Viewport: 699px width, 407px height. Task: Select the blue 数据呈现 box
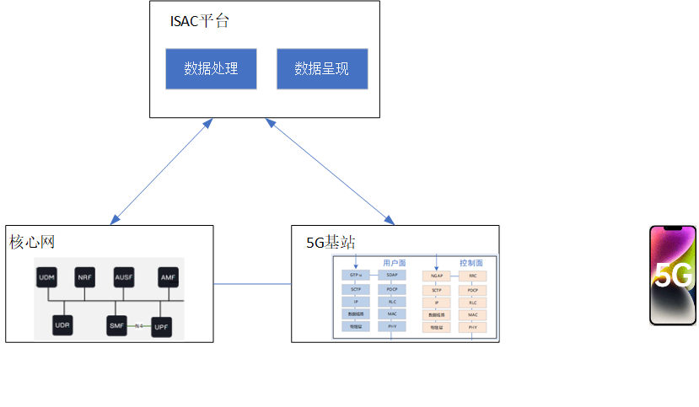click(322, 68)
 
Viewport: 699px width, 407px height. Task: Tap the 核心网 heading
click(32, 243)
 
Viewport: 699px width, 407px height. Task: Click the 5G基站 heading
click(331, 243)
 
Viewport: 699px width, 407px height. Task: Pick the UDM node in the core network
click(47, 277)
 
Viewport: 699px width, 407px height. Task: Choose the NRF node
click(85, 277)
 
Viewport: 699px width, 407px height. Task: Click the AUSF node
click(124, 277)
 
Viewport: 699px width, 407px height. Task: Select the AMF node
click(169, 277)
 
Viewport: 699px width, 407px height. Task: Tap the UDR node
click(62, 324)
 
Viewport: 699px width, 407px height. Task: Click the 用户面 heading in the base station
click(395, 263)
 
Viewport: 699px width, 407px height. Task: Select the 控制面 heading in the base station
click(471, 263)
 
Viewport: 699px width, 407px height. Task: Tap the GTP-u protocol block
click(356, 276)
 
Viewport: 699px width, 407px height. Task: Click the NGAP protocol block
click(436, 276)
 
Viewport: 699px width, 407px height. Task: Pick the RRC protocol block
click(473, 276)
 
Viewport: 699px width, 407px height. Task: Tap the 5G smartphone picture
click(673, 275)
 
